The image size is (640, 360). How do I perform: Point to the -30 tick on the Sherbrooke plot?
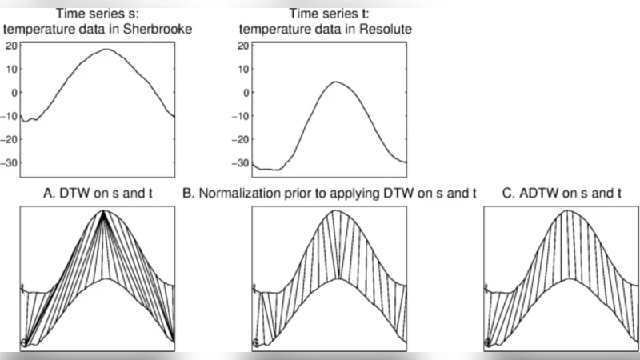click(10, 162)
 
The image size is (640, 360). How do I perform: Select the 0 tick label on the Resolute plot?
click(246, 91)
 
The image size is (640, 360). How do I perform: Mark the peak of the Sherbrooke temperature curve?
click(107, 50)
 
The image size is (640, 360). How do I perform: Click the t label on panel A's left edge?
click(23, 287)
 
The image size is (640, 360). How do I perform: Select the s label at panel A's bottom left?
click(24, 343)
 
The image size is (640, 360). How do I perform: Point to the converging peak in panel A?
click(104, 213)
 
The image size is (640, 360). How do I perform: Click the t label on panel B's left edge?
click(255, 287)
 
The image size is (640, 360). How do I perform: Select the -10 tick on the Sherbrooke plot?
click(10, 114)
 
